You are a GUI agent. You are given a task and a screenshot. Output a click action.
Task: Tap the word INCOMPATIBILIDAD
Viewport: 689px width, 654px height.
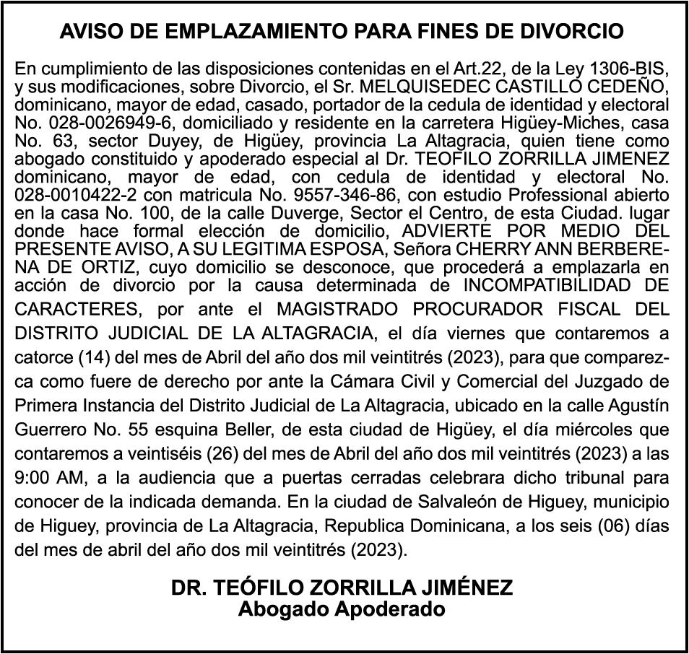point(555,284)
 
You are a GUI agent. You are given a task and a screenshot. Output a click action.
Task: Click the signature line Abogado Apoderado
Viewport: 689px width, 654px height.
point(342,609)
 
